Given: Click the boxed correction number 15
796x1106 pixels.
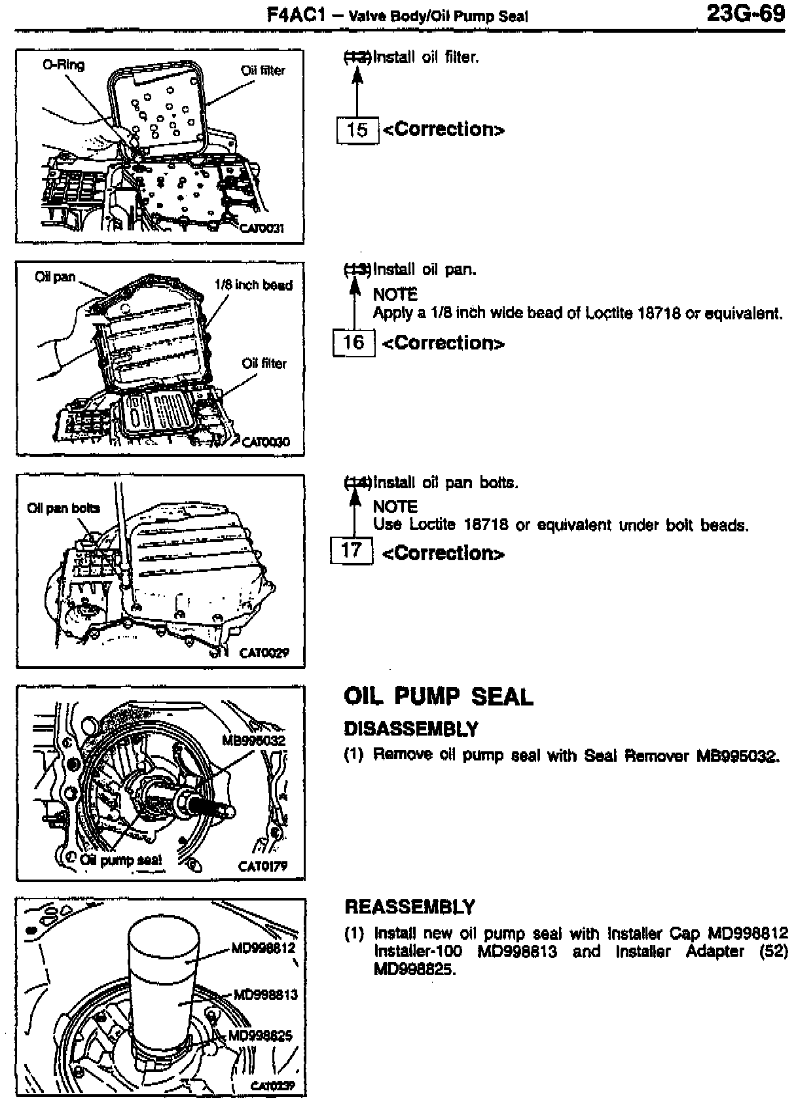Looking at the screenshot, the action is click(357, 130).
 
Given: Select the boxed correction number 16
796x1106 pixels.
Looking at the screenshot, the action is click(353, 342).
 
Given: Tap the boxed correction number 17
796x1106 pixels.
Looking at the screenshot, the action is click(352, 550).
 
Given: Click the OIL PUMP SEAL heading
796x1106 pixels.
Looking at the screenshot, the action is click(438, 697).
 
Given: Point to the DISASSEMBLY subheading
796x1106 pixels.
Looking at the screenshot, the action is click(410, 729).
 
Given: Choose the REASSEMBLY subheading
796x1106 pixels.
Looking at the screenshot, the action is click(410, 907).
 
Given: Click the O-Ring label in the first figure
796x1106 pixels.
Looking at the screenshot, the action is click(63, 65).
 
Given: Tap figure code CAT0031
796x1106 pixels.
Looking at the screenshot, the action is click(261, 228).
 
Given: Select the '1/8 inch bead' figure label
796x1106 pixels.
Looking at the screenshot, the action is click(253, 285).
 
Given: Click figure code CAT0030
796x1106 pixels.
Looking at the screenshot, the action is click(265, 442).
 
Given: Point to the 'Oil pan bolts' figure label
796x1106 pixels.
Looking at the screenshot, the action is click(63, 508).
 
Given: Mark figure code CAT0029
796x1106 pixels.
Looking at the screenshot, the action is click(264, 652).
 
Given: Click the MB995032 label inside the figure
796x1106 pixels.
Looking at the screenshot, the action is click(253, 740).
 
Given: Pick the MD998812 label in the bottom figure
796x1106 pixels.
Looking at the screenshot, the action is click(264, 948).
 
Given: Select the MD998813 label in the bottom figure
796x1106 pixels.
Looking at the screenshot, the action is click(266, 995).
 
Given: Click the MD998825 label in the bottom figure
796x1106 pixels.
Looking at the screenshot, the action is click(260, 1035).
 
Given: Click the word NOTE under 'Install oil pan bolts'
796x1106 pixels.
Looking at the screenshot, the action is click(395, 507).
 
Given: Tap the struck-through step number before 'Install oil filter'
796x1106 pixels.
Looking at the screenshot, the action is click(357, 58).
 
